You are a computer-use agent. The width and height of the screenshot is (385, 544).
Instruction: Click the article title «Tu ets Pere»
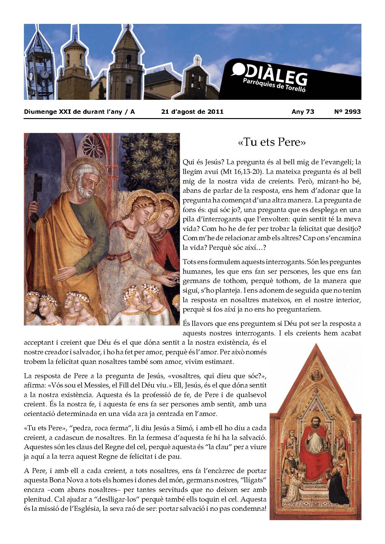tap(272, 142)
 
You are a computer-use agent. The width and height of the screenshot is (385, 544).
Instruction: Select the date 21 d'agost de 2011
tap(192, 112)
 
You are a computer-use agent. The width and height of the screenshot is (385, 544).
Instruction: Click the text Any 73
tap(303, 112)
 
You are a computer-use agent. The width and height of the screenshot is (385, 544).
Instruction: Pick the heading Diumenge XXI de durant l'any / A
tap(79, 112)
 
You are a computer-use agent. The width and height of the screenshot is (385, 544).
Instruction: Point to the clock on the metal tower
tap(45, 74)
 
